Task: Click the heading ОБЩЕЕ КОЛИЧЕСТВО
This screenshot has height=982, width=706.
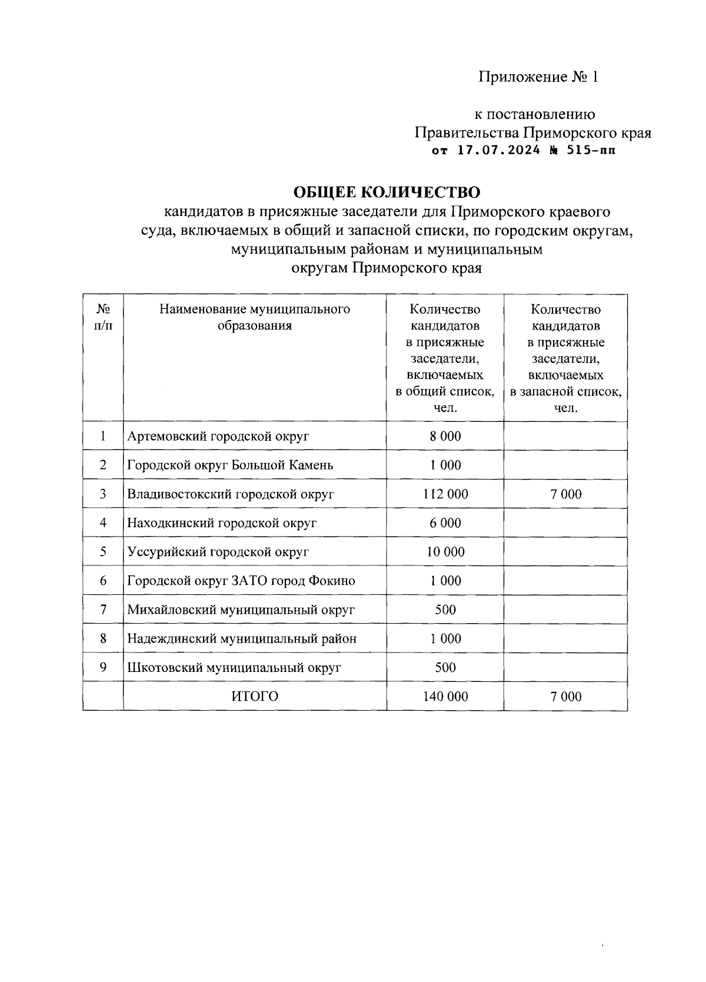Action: (387, 192)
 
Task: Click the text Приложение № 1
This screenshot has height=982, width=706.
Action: (538, 77)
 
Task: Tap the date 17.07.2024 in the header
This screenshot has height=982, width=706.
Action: (498, 151)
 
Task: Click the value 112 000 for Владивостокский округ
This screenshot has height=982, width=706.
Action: (445, 494)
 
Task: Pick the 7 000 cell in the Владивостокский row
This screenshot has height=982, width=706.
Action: (565, 494)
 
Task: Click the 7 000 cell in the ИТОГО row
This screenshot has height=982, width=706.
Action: (565, 697)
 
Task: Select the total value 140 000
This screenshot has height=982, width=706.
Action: (445, 697)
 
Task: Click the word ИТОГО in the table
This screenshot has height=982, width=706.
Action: (255, 697)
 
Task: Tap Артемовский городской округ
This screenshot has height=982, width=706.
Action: (218, 437)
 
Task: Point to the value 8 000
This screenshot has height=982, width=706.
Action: (445, 437)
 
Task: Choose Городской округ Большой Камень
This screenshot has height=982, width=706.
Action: (230, 465)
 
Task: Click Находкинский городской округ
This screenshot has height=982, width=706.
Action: (222, 523)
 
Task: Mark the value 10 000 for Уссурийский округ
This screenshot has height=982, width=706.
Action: (445, 552)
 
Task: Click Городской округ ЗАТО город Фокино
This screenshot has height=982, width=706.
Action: (241, 581)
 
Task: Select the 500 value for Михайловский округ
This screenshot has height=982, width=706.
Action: (445, 610)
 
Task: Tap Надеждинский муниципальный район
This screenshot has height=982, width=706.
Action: (242, 638)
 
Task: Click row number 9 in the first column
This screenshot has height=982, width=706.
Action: (103, 667)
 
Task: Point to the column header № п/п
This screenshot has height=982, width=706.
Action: (103, 318)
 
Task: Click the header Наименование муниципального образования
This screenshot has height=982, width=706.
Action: (255, 318)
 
